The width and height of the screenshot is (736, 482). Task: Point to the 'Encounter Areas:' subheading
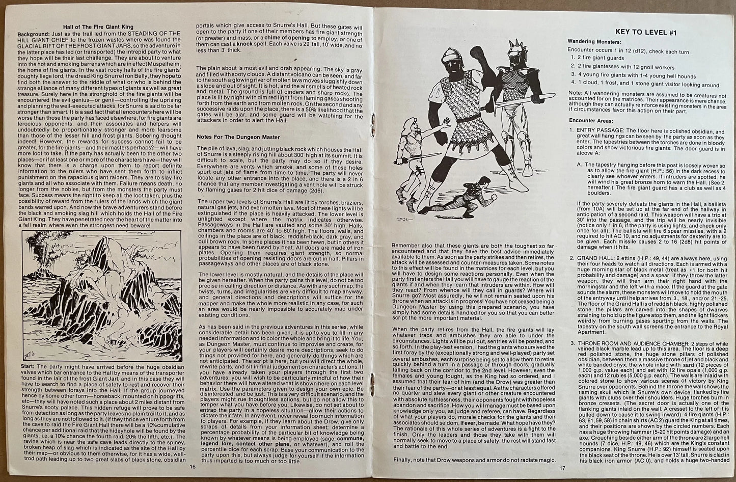pos(589,120)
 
